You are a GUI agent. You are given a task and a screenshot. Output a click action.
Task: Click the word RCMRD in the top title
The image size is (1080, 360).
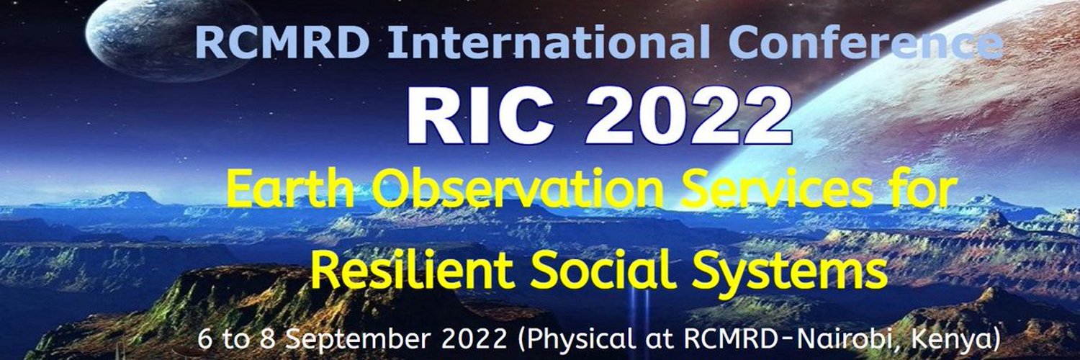pyautogui.click(x=283, y=42)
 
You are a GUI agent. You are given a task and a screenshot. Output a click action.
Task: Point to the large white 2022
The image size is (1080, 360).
pyautogui.click(x=688, y=115)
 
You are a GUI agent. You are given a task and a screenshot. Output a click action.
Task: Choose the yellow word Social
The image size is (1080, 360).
pyautogui.click(x=603, y=270)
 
